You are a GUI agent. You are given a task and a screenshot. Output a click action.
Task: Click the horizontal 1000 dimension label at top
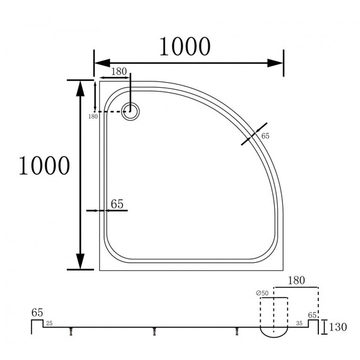tap(184, 45)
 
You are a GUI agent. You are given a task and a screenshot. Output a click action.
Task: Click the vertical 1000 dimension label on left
tap(44, 165)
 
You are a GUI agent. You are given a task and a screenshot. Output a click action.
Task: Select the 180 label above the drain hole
tap(118, 71)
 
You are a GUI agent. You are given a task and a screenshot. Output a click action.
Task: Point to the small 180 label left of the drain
tap(93, 116)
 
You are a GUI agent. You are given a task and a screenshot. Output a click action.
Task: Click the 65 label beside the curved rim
tap(265, 136)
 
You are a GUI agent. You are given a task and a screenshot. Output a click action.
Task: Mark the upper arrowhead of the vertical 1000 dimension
tap(80, 88)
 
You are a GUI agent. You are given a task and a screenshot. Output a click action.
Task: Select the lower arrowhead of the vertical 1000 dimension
tap(80, 261)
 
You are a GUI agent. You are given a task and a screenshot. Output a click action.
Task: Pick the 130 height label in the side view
tap(339, 327)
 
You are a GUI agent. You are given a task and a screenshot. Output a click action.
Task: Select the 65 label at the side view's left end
tap(37, 312)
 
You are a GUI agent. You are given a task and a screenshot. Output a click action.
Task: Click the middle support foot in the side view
tap(155, 329)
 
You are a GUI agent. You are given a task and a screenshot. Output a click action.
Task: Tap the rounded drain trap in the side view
tap(273, 330)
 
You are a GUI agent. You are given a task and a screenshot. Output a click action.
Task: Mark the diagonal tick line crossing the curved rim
tap(254, 134)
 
